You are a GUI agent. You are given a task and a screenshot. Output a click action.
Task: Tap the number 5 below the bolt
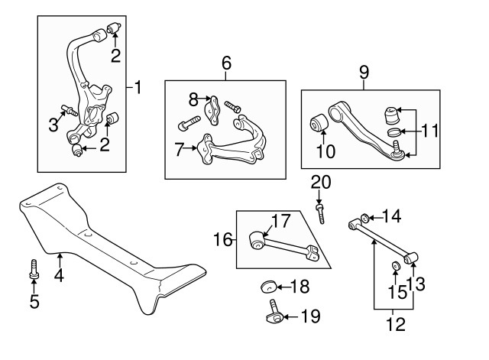(x=34, y=301)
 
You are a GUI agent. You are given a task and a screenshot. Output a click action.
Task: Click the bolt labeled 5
(x=34, y=268)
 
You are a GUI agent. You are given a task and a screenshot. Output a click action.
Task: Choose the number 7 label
(x=179, y=150)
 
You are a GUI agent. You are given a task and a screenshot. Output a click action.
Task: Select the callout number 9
(x=364, y=73)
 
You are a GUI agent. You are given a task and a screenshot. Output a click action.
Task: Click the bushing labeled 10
(x=319, y=123)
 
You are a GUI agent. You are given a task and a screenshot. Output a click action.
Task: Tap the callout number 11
(x=431, y=131)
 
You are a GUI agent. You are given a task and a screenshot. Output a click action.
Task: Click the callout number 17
(x=280, y=222)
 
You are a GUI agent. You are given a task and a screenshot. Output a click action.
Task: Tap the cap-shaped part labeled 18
(x=268, y=287)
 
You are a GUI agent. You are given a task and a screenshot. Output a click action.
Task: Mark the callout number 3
(x=53, y=125)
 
